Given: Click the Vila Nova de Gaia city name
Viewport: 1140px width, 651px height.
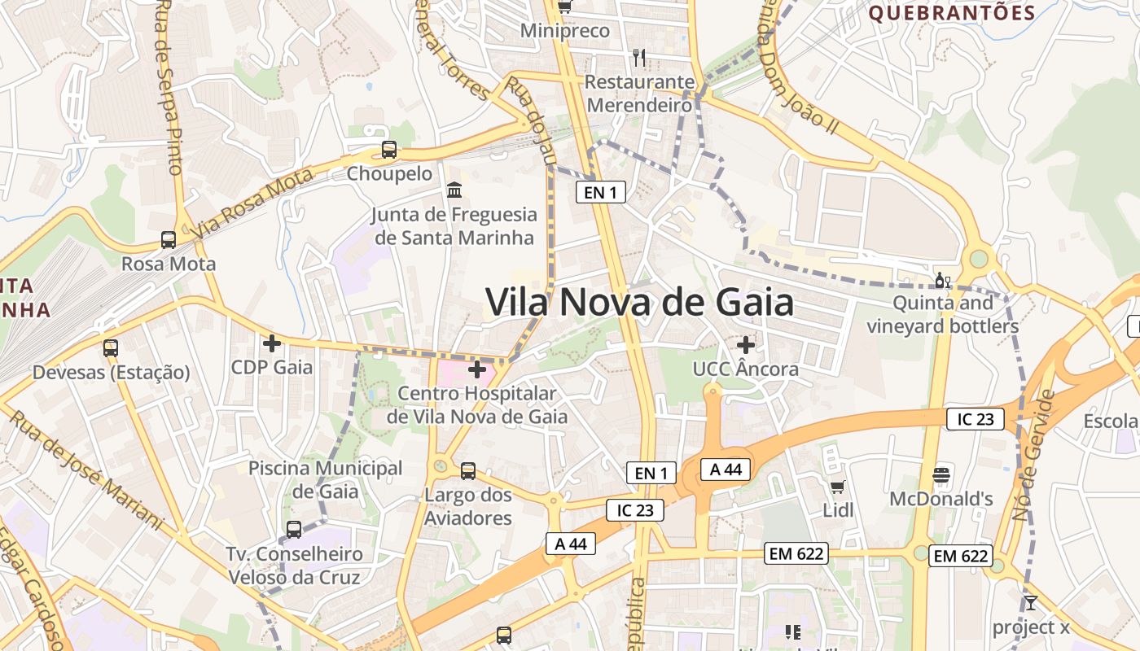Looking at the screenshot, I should tap(639, 303).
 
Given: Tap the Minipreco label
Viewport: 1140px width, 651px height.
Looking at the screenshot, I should tap(564, 31).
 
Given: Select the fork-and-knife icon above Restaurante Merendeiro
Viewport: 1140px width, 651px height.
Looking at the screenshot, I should tap(639, 58).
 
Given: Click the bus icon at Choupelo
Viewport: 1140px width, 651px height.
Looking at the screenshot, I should tap(389, 150).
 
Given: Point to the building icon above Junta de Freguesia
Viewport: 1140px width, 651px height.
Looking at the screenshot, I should tap(454, 190).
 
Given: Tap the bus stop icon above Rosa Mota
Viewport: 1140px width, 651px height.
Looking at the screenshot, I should tap(169, 240).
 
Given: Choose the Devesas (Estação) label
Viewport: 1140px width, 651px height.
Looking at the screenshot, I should tap(111, 373).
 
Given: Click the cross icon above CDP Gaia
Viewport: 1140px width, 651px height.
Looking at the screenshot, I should tap(272, 344).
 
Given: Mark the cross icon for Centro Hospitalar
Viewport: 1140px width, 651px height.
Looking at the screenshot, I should tap(477, 370).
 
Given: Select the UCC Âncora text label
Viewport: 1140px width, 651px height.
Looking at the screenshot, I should tap(745, 369).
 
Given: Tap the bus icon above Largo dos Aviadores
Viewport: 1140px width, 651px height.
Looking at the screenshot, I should tap(468, 471).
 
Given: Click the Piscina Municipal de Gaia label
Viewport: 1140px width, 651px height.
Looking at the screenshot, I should tap(325, 479).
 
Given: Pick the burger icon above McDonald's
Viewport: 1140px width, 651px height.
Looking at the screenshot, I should tap(941, 475).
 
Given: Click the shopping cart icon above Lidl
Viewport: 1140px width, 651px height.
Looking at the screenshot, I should tap(838, 487).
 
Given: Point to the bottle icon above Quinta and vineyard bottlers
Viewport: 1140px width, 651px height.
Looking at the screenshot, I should tap(942, 281).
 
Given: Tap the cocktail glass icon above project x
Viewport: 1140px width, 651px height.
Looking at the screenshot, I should tap(1031, 603).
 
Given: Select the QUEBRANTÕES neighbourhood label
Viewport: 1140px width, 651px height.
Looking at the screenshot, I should tap(951, 13).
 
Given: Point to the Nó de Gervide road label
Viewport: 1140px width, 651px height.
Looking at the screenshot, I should tap(1034, 456).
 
